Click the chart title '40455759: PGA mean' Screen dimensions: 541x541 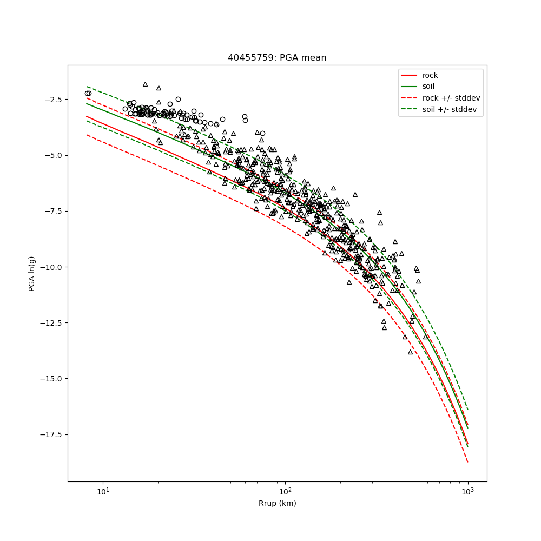tap(277, 58)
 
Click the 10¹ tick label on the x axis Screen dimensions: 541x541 tap(103, 491)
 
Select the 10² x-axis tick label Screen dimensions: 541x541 tap(285, 491)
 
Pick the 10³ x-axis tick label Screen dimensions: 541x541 tap(467, 491)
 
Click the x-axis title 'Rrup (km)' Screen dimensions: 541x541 tap(277, 504)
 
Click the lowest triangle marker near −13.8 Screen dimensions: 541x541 tap(410, 352)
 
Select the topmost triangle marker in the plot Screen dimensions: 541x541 tap(145, 84)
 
